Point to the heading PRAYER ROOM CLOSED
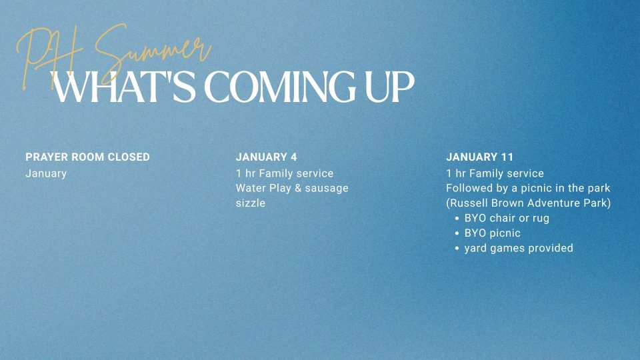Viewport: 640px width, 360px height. [87, 157]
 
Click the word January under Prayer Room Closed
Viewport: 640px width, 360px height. [46, 173]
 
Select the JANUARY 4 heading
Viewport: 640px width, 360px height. [266, 157]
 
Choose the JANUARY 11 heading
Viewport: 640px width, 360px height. [480, 157]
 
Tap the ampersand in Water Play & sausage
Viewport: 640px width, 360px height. [298, 189]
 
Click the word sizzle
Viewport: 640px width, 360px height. [251, 203]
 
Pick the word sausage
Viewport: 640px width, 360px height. [327, 189]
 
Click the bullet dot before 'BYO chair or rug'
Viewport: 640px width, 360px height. [457, 218]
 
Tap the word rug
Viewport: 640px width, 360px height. [540, 219]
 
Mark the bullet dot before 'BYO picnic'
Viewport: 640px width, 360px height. [457, 233]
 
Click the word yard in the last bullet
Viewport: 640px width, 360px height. [477, 249]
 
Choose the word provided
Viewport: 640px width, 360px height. [551, 248]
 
